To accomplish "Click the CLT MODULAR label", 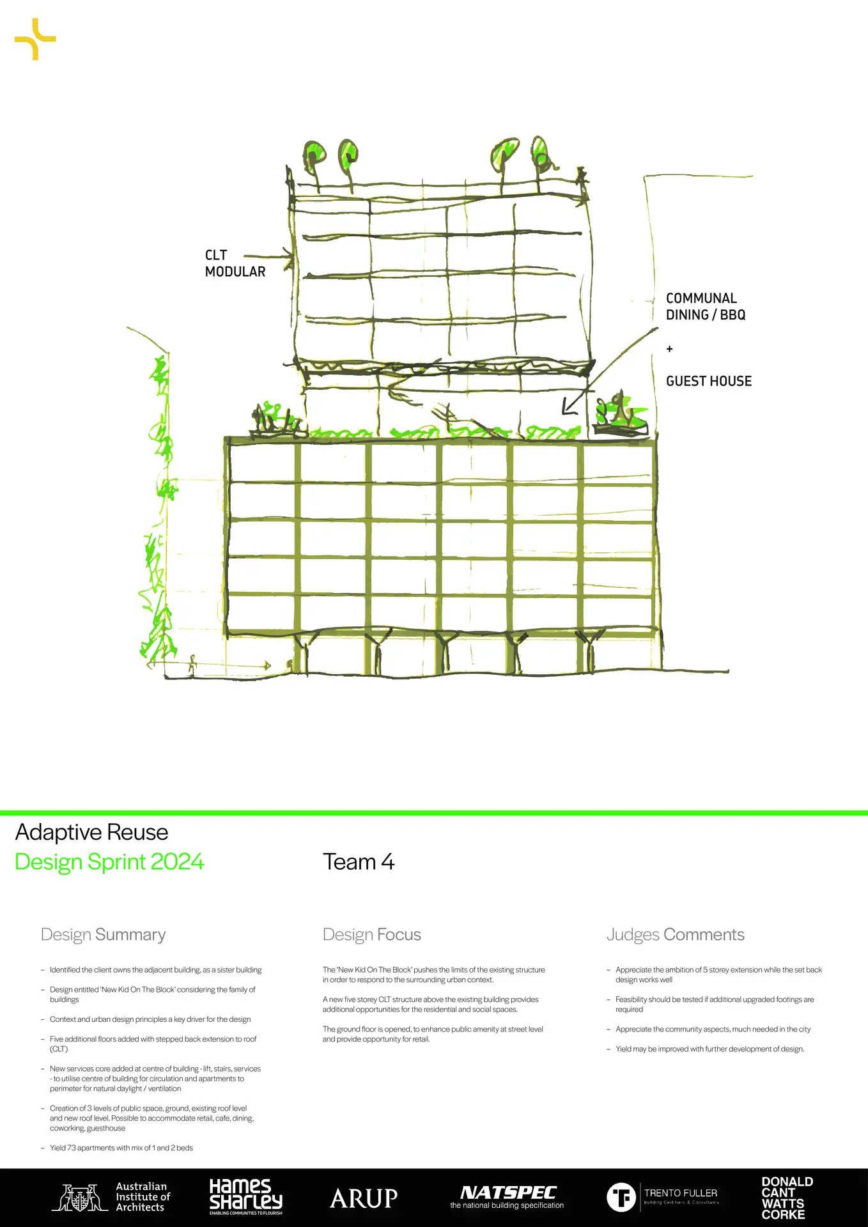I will [x=235, y=263].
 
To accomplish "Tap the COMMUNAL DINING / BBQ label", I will [x=705, y=307].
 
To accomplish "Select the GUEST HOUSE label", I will [x=708, y=382].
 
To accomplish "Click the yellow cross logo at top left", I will [x=35, y=39].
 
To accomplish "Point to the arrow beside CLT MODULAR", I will [x=269, y=257].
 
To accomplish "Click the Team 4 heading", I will [x=359, y=862].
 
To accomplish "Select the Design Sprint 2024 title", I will [x=109, y=862].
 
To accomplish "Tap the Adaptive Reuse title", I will [x=91, y=833].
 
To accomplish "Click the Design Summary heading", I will [x=103, y=935].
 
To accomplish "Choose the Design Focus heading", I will [x=371, y=935].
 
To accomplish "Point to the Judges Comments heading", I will [x=675, y=935].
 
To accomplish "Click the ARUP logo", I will [x=364, y=1198].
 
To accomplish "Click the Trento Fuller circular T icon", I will [x=621, y=1197].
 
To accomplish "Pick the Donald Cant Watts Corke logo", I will [x=787, y=1198].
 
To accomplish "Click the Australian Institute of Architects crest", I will [x=80, y=1198].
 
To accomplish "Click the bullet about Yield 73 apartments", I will [x=121, y=1148].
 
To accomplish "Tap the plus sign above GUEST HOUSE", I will [x=669, y=349].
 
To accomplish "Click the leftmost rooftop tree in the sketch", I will [x=314, y=156].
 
